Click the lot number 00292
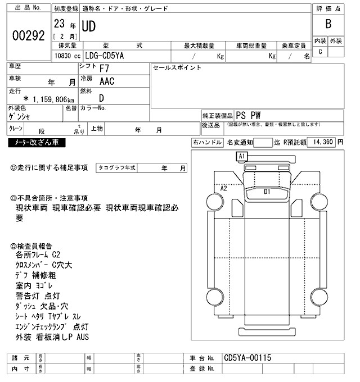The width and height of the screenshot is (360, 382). pyautogui.click(x=28, y=35)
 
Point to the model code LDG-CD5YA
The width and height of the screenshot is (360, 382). pyautogui.click(x=107, y=56)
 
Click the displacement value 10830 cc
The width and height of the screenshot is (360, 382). pyautogui.click(x=67, y=56)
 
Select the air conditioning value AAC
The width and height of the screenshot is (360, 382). pyautogui.click(x=107, y=81)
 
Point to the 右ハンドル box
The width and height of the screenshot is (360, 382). pyautogui.click(x=207, y=143)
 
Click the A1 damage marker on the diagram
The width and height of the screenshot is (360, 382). pyautogui.click(x=242, y=156)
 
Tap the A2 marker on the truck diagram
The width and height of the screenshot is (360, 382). pyautogui.click(x=223, y=189)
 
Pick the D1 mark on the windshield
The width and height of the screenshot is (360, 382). pyautogui.click(x=268, y=192)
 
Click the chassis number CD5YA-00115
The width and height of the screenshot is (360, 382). pyautogui.click(x=247, y=358)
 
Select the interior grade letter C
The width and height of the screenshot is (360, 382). pyautogui.click(x=320, y=52)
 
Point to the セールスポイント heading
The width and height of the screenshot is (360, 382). pyautogui.click(x=177, y=68)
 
